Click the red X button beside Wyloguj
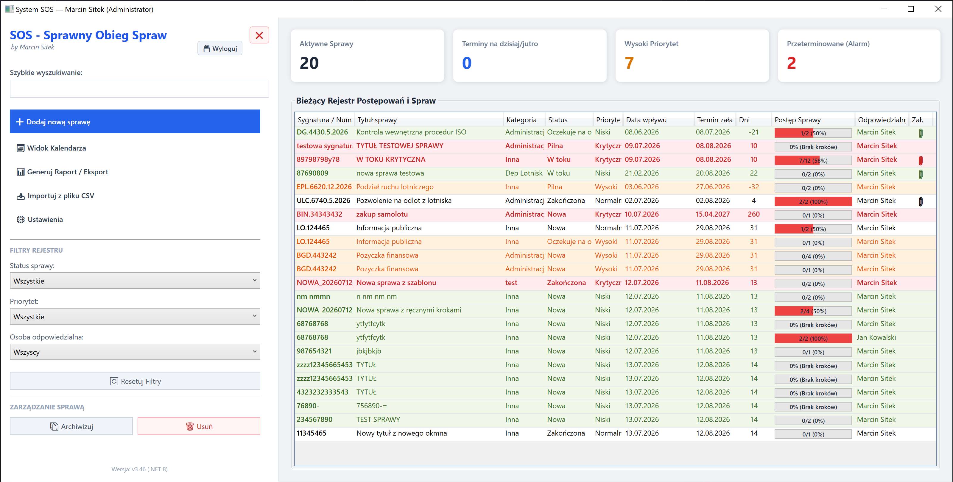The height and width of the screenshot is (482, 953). click(x=259, y=35)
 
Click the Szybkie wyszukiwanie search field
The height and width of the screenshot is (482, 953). click(x=139, y=89)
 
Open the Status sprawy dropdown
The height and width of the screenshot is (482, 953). click(x=135, y=281)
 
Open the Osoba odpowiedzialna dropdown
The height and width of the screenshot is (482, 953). click(x=135, y=352)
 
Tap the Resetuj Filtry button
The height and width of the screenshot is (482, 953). click(x=135, y=381)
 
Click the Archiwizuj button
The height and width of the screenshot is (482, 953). click(x=71, y=426)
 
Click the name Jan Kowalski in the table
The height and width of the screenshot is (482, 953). click(x=876, y=337)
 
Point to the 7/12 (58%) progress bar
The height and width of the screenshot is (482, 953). click(x=813, y=160)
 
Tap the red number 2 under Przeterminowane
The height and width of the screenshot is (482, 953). click(x=791, y=63)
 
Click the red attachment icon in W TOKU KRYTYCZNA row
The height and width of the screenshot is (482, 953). click(x=921, y=160)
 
